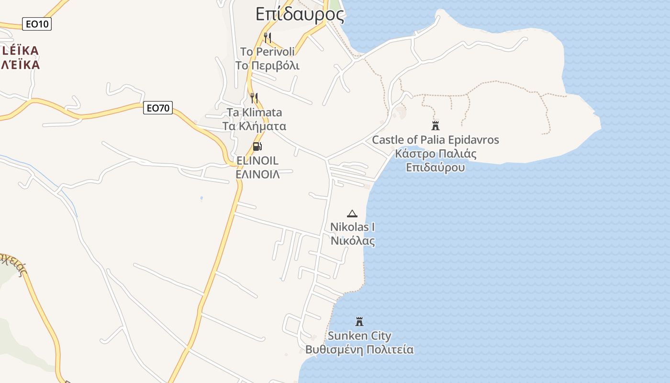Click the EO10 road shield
pos(37,23)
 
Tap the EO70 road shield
pos(157,108)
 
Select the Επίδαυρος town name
pos(300,14)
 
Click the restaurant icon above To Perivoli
pos(268,37)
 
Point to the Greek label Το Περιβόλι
pos(268,65)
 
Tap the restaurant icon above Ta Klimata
pos(254,98)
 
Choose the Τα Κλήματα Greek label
pos(254,126)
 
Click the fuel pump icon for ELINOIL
pos(257,146)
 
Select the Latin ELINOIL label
pos(257,160)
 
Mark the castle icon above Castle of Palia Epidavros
pos(435,126)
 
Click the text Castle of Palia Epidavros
pos(435,140)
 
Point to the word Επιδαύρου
pos(435,168)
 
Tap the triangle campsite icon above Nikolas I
pos(352,214)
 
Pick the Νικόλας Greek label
pos(353,240)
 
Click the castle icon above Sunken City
pos(359,322)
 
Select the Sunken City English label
pos(359,336)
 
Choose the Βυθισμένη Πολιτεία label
pos(359,349)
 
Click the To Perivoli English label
pos(268,51)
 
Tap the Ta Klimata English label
pos(254,113)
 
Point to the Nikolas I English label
pos(353,226)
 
